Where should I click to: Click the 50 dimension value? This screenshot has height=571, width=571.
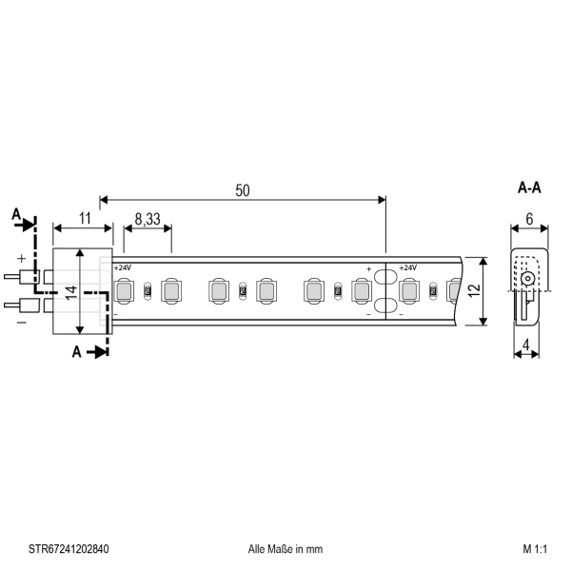click(243, 190)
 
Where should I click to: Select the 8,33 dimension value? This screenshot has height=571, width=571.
click(148, 219)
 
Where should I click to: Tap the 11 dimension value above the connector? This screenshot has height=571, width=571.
click(85, 219)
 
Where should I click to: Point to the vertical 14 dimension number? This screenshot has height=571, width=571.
click(71, 293)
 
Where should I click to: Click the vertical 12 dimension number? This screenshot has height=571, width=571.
click(474, 290)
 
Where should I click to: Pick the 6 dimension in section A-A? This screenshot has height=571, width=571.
click(529, 219)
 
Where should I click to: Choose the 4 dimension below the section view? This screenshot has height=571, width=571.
click(526, 345)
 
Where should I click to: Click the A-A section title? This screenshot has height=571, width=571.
click(529, 187)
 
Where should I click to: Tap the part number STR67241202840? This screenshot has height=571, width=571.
click(69, 549)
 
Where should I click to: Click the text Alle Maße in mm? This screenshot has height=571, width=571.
click(285, 549)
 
